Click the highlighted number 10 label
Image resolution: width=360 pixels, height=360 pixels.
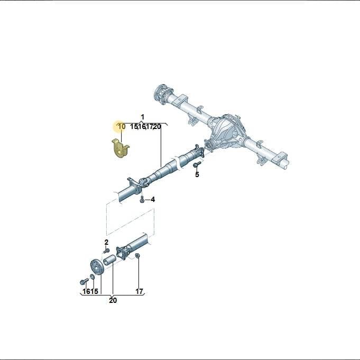[x=122, y=126]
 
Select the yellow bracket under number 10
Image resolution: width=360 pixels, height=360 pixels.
[x=120, y=149]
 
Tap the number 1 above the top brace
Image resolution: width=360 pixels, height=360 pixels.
[x=142, y=117]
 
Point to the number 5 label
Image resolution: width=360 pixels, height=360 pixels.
[x=197, y=174]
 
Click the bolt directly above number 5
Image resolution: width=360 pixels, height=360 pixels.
[x=197, y=164]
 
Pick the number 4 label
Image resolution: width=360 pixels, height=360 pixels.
[x=153, y=199]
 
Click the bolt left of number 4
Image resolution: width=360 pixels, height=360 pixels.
[x=142, y=199]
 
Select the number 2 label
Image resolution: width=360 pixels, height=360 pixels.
[x=106, y=242]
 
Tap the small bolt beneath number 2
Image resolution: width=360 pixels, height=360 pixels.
[x=106, y=250]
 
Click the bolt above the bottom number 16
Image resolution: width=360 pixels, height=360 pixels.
[x=84, y=281]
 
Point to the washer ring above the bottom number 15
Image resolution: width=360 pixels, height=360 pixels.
[x=93, y=276]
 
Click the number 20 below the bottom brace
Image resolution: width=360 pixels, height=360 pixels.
[x=113, y=300]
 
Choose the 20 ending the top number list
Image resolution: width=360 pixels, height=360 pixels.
[x=157, y=126]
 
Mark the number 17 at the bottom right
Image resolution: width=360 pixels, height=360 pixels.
[x=139, y=291]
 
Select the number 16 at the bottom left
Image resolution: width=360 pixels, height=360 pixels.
[x=87, y=291]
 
